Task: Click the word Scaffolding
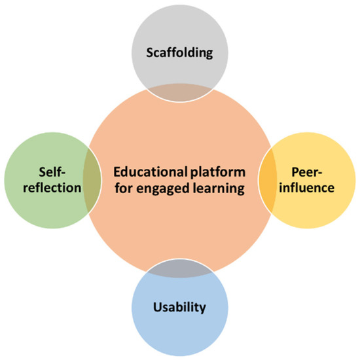tap(180, 53)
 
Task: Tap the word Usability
tap(180, 306)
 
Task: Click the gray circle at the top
tap(180, 33)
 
